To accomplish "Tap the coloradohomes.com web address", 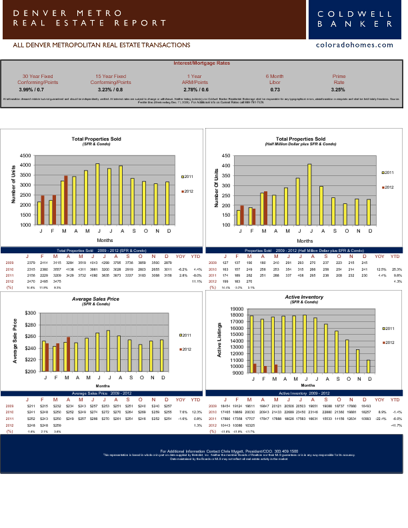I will click(x=359, y=45).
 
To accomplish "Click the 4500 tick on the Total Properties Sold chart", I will click(x=25, y=147).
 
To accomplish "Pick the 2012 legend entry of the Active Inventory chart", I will click(x=387, y=342).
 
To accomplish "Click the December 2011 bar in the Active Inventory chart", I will click(x=369, y=366).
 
